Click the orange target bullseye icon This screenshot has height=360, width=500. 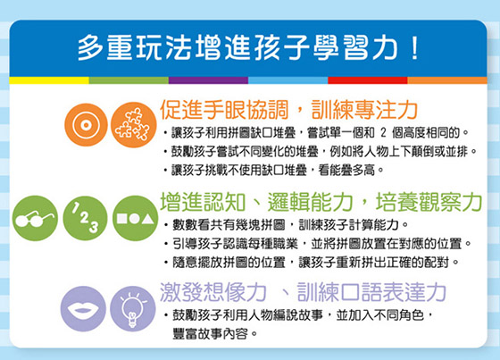point(86,125)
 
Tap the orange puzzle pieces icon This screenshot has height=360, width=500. point(134,125)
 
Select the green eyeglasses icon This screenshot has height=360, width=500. point(35,218)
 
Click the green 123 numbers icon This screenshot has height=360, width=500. point(85,218)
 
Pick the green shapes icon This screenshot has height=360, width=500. point(136,218)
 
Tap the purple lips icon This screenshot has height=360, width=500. point(83,309)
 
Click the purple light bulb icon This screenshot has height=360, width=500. point(133,309)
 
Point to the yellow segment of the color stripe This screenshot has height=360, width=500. point(49,80)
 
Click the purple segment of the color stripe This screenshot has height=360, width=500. point(208,80)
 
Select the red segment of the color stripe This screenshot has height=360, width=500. point(367,80)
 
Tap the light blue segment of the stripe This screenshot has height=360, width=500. point(287,80)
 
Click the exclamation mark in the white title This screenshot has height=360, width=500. point(415,48)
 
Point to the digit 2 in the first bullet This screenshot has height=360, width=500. point(383,132)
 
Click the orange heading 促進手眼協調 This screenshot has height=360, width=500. point(224,110)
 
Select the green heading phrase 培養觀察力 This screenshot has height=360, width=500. point(429,202)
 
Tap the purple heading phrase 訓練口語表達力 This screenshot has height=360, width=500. point(371,292)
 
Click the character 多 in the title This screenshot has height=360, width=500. point(90,48)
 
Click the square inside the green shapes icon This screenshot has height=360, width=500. point(122,218)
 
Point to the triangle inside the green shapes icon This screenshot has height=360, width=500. point(147,219)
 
